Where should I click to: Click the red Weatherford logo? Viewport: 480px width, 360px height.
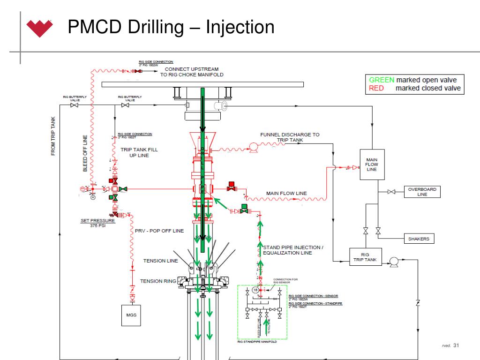coord(40,28)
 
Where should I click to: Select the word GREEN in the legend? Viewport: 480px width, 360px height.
coord(382,80)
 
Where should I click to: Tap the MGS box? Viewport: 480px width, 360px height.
coord(132,315)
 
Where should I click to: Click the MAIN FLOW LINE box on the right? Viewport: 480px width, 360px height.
coord(371,165)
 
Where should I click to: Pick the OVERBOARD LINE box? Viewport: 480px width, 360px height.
coord(422,192)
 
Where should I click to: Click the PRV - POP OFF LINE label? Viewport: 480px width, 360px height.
coord(159,231)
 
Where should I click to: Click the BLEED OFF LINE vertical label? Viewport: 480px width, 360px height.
coord(85,154)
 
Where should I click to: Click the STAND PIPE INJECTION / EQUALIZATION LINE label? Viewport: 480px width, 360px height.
coord(293,250)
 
